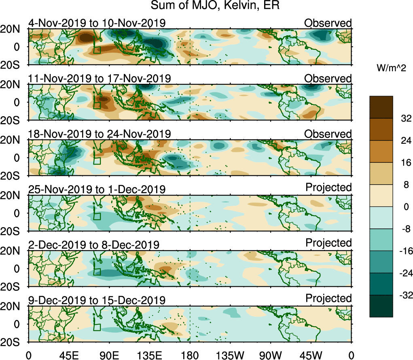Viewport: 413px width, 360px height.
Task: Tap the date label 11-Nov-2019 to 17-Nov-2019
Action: click(100, 78)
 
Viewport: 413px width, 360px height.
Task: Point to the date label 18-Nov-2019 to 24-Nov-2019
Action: click(100, 134)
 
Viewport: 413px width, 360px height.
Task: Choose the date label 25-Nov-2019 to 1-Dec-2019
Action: click(97, 189)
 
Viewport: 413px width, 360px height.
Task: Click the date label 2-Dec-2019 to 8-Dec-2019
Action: click(94, 245)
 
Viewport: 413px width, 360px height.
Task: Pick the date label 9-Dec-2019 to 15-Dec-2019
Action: click(97, 300)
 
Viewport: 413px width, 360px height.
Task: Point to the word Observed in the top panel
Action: click(328, 23)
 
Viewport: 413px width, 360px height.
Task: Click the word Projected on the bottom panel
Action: click(328, 299)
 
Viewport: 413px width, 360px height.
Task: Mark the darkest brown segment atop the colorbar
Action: click(381, 107)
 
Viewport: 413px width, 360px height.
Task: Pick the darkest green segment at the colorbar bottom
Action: click(381, 306)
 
